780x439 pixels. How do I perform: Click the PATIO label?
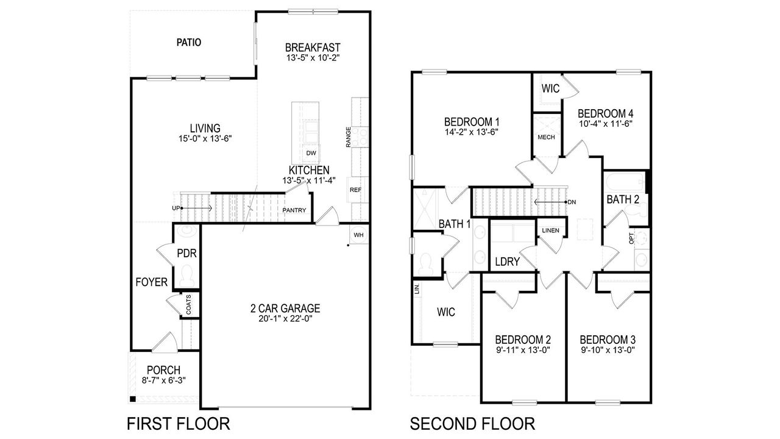(x=189, y=43)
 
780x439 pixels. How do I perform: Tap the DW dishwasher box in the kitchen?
(x=311, y=153)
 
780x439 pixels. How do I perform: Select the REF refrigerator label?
(x=356, y=190)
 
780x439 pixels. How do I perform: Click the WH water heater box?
(x=359, y=235)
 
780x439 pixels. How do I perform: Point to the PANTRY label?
(x=294, y=211)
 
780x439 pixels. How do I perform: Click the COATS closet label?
(x=188, y=305)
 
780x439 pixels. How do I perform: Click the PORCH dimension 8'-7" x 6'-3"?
(x=163, y=380)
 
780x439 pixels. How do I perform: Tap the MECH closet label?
(x=546, y=137)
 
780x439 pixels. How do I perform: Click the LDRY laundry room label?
(x=507, y=262)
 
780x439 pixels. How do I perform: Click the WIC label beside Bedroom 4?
(x=551, y=89)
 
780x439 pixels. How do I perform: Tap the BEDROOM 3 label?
(x=608, y=340)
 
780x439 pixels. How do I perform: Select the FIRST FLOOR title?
(x=177, y=423)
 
